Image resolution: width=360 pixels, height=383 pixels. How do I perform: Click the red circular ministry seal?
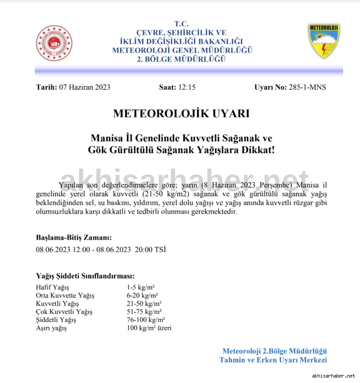(x=54, y=43)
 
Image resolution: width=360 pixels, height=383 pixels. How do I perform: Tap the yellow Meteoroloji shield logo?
(x=324, y=41)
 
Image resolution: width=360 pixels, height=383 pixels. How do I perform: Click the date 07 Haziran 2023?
(x=85, y=87)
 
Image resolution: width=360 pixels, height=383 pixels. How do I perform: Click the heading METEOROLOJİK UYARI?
(x=181, y=114)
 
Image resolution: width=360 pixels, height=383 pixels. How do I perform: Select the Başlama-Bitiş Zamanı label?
(x=74, y=238)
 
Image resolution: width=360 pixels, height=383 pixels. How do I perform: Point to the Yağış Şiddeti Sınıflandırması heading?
(x=85, y=276)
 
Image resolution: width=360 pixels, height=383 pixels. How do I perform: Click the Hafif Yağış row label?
(x=52, y=287)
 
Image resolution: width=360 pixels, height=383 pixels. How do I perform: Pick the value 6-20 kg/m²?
(x=142, y=295)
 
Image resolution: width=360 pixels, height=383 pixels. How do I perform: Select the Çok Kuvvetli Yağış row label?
(x=64, y=312)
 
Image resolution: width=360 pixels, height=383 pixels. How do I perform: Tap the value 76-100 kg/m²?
(x=146, y=320)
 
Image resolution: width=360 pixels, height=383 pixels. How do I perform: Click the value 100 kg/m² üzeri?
(x=149, y=328)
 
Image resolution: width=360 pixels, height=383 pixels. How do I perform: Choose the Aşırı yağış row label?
(x=51, y=328)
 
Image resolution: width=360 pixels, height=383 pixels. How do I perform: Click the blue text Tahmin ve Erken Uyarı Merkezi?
(x=273, y=360)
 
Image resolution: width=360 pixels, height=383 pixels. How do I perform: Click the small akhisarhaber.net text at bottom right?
(x=333, y=375)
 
